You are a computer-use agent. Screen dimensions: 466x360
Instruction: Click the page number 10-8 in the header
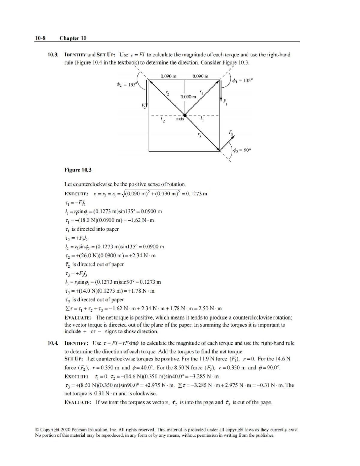[40, 38]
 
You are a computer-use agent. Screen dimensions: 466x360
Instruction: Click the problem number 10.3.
[53, 55]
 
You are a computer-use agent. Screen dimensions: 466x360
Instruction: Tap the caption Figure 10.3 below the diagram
[78, 170]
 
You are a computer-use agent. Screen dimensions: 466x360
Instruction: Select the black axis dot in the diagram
[185, 115]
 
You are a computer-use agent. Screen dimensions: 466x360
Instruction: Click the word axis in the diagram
[180, 119]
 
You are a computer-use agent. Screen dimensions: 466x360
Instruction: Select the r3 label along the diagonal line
[199, 135]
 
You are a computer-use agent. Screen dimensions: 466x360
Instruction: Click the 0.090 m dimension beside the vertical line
[188, 97]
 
